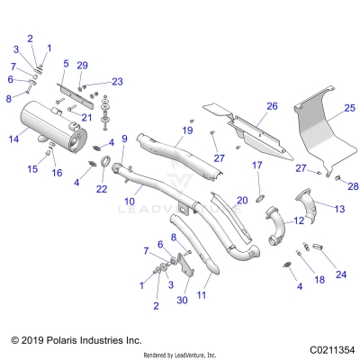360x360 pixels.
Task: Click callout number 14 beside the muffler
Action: coord(13,140)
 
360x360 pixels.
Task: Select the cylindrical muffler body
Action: coord(53,125)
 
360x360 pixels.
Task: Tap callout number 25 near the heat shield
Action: coord(337,107)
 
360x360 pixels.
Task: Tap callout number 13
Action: coord(339,209)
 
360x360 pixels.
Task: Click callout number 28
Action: coord(353,186)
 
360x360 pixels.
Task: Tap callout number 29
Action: coord(82,67)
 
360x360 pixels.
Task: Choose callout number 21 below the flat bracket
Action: coord(88,117)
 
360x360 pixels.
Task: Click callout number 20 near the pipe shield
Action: coord(240,200)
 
